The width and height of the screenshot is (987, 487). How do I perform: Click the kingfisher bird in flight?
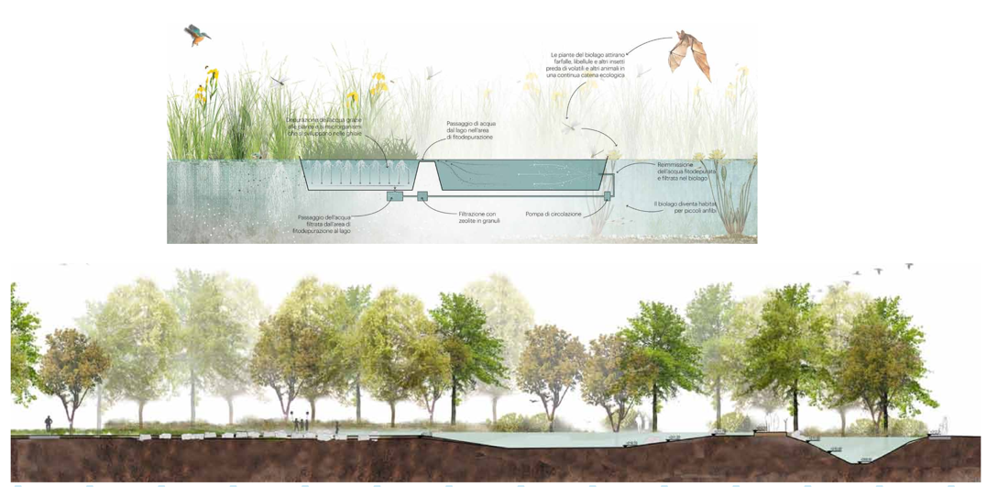(x=197, y=35)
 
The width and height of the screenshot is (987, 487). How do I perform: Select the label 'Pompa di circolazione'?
(x=553, y=214)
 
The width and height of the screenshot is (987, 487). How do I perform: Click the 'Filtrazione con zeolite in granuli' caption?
(x=478, y=217)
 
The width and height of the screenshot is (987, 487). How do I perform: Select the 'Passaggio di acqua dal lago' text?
(x=470, y=129)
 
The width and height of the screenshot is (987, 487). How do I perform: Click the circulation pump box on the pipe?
(x=607, y=195)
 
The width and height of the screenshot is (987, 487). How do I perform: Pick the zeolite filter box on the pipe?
(x=422, y=195)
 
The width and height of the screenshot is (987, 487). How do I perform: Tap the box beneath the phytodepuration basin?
(x=395, y=195)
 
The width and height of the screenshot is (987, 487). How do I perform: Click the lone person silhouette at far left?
(x=49, y=423)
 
